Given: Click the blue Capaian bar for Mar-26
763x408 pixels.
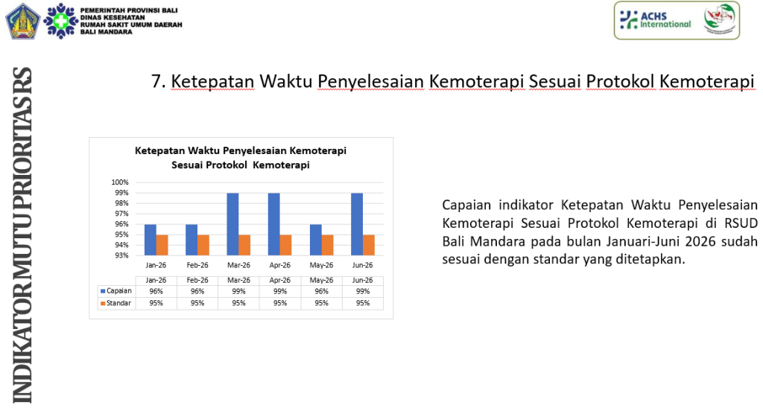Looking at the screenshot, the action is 232,224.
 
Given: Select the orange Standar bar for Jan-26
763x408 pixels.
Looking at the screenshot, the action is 162,245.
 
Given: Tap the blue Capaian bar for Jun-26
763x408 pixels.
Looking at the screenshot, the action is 357,224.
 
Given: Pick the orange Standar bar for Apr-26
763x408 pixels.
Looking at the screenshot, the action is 285,245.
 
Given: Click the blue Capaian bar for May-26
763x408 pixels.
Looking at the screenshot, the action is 315,240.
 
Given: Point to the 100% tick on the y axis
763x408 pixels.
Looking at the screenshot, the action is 120,182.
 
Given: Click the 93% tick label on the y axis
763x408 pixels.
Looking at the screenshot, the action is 121,255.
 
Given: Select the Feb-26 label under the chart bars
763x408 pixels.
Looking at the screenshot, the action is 197,265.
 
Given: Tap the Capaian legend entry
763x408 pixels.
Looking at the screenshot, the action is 115,291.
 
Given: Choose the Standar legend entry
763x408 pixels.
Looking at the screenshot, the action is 115,303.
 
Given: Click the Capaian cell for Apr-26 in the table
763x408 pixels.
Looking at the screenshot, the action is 280,291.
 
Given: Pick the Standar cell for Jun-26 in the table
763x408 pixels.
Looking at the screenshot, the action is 363,303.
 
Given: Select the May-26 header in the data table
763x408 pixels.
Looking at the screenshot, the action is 321,280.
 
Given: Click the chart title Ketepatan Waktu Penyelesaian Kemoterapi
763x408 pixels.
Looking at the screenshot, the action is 241,150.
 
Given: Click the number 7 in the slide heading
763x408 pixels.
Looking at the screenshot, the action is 156,81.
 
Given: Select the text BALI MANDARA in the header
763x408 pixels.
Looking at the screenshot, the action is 106,32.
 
